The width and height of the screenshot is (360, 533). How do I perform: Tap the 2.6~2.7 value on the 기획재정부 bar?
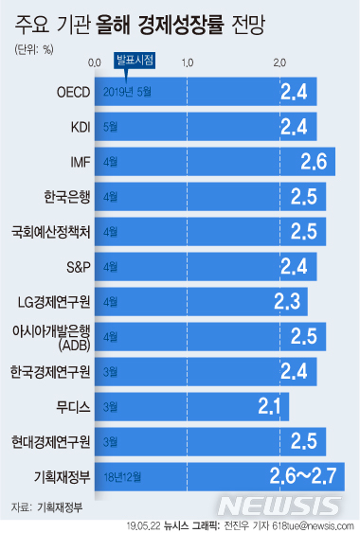coord(298,475)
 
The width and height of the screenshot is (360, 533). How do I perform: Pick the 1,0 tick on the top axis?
coord(188,62)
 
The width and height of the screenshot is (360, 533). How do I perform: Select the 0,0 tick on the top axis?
coord(95,62)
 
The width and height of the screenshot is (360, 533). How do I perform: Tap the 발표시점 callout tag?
coord(134,61)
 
